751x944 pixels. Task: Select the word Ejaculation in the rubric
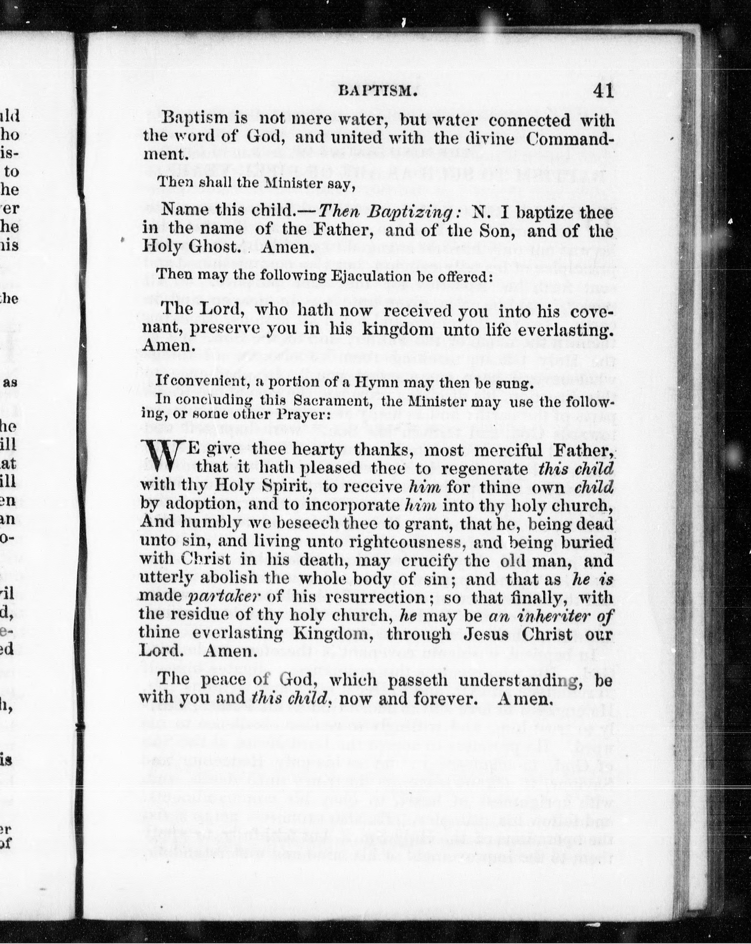pyautogui.click(x=315, y=276)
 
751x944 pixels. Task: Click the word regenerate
pyautogui.click(x=483, y=469)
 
